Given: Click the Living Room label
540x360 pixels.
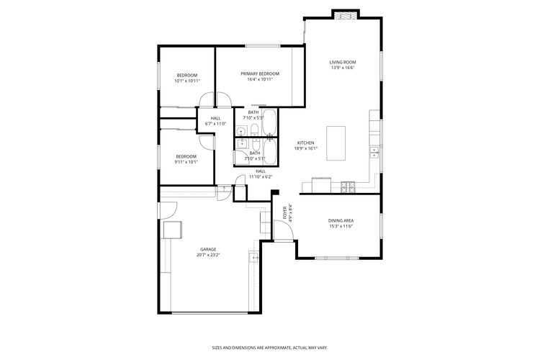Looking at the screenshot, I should pyautogui.click(x=343, y=63).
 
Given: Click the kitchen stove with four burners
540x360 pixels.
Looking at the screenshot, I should pyautogui.click(x=348, y=187).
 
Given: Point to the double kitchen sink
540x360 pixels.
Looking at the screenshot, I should pyautogui.click(x=374, y=152).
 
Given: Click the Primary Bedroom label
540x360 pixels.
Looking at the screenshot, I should pyautogui.click(x=260, y=74).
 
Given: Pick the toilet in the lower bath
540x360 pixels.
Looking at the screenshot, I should pyautogui.click(x=254, y=143).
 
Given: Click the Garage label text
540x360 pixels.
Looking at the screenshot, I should pyautogui.click(x=208, y=249).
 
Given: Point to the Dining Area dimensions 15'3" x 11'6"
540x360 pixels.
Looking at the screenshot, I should pyautogui.click(x=341, y=226).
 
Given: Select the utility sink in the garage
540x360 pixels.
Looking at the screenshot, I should pyautogui.click(x=253, y=257).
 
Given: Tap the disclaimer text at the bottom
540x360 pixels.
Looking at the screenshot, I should pyautogui.click(x=269, y=346).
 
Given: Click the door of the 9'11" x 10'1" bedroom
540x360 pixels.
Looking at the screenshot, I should pyautogui.click(x=207, y=141).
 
